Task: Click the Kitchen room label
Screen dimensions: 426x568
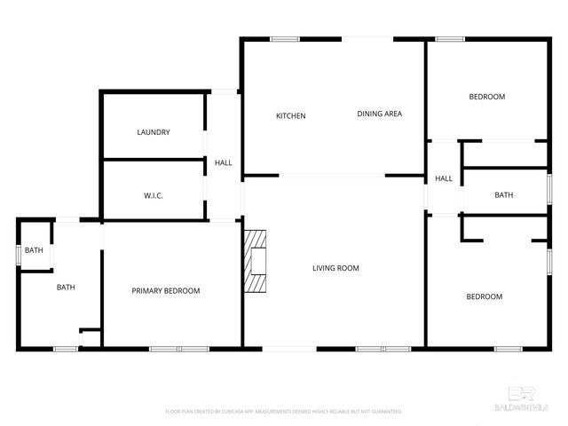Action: click(291, 116)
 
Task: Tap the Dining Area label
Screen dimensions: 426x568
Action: click(380, 114)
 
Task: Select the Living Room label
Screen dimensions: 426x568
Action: click(335, 268)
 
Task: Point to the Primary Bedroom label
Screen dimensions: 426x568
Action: click(166, 291)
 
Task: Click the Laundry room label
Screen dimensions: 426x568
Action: click(154, 132)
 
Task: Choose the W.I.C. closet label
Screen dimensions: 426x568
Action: click(154, 195)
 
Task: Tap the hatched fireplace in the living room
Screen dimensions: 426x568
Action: click(256, 261)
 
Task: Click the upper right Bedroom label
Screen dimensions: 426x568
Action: click(486, 97)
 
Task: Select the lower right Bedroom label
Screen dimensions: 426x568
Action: click(485, 296)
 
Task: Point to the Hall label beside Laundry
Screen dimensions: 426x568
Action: click(224, 162)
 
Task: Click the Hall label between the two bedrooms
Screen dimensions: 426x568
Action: click(444, 178)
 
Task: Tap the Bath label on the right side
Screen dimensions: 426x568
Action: click(504, 195)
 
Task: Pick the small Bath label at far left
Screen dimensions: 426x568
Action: click(34, 250)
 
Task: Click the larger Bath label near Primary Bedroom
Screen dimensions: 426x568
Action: click(66, 287)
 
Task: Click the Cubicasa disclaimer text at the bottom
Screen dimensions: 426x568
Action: click(284, 412)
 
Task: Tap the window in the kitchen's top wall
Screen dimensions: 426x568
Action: click(285, 38)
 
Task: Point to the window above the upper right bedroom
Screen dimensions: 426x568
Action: click(449, 38)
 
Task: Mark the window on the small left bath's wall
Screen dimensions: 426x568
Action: click(18, 253)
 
